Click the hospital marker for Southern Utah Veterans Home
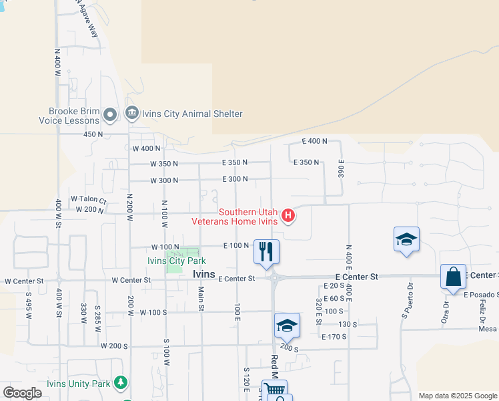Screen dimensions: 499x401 288,215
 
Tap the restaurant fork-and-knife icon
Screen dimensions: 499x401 266,251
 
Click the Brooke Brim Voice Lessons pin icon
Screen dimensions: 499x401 111,115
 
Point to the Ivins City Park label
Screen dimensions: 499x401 177,261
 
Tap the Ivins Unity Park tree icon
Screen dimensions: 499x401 121,383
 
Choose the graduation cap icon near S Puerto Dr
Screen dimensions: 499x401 406,239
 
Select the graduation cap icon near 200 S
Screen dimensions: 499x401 287,325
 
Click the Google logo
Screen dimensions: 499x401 23,393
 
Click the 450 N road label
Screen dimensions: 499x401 93,134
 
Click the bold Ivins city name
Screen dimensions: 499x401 204,275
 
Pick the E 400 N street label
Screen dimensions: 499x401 314,141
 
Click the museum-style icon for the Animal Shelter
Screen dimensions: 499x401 131,112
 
